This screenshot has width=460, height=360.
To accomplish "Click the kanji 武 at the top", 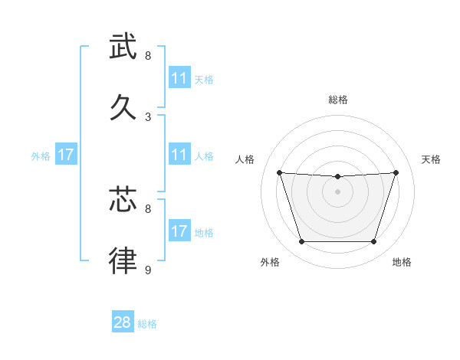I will pos(123,46).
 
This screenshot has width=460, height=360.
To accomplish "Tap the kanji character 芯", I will pos(123,199).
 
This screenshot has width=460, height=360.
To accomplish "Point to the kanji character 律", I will pos(123,260).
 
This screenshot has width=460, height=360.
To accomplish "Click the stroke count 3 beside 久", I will pos(148,116).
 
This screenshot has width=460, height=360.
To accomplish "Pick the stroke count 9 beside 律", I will pos(148,270).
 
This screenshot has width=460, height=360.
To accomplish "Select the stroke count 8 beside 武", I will pos(148,55).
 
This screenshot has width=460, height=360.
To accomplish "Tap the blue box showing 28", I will pos(123,322).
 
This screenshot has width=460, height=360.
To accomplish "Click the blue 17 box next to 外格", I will pos(66,155).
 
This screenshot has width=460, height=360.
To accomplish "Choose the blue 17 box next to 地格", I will pos(179,231).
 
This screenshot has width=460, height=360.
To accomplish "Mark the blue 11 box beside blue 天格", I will pos(179,78).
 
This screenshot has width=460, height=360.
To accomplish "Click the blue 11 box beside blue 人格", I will pos(179,155).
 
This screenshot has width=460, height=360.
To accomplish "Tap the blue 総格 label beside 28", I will pos(147,324).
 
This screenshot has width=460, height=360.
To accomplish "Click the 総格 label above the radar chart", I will pos(338,100).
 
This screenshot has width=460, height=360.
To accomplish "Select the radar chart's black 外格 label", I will pos(270,262).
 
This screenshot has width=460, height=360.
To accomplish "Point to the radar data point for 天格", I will pos(396,172).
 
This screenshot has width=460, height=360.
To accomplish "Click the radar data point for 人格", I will pos(280,172).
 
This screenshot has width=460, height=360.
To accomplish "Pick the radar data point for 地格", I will pos(374,242).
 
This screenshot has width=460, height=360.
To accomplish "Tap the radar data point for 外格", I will pos(301,242).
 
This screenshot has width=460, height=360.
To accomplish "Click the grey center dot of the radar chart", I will pos(338,191).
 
